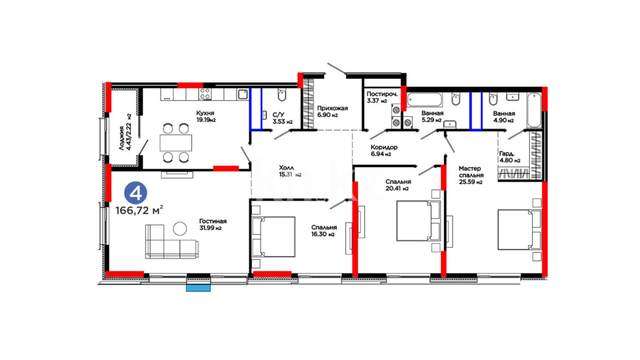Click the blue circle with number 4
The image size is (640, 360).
coord(136,193)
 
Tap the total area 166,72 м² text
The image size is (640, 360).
coord(139,210)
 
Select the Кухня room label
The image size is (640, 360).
coord(205,113)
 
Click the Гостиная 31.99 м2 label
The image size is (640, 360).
coord(213,224)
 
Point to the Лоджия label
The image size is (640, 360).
coord(122,138)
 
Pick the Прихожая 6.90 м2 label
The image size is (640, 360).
coord(332,111)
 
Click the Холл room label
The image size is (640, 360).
coord(286,168)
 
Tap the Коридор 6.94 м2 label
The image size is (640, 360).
coord(384,150)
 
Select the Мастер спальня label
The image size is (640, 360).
coord(471,172)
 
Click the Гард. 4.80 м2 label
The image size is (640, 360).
coord(510,157)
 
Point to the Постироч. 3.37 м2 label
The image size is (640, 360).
coord(382,97)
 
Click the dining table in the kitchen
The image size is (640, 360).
coord(176,143)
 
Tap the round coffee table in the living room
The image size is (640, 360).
coord(180,229)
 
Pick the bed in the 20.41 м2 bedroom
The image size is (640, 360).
coord(418,220)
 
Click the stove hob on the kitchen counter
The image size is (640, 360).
coord(205,94)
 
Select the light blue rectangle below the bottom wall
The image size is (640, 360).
coord(198,288)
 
